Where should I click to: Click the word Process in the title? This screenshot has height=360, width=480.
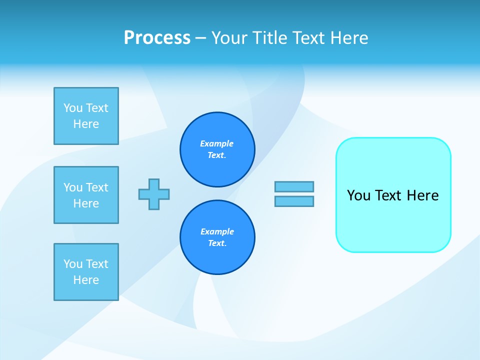tap(157, 38)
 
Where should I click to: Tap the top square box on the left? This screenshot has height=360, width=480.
tap(86, 116)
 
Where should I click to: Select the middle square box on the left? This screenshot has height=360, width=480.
tap(86, 195)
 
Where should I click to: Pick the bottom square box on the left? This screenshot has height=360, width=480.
tap(86, 272)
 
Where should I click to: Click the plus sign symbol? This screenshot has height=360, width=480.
tap(154, 194)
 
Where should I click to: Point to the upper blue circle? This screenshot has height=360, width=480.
tap(217, 149)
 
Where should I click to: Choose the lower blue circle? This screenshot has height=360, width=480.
tap(217, 237)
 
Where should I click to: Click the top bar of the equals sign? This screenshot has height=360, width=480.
tap(294, 186)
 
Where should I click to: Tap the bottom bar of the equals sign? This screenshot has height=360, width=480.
tap(294, 201)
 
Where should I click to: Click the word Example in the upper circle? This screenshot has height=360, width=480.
tap(217, 143)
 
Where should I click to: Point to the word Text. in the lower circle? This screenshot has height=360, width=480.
tap(217, 243)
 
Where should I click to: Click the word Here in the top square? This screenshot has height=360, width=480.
tap(86, 124)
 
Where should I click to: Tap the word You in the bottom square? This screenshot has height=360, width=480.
tap(73, 264)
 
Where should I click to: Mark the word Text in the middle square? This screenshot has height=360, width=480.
tap(97, 187)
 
